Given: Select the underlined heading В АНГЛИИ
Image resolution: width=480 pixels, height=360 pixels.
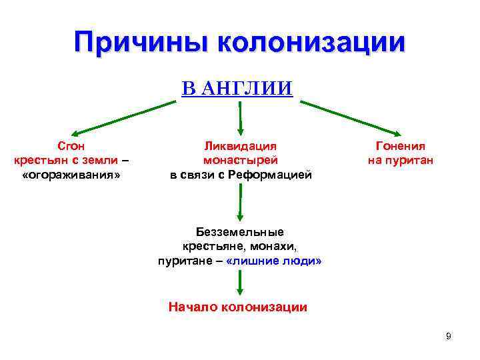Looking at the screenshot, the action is click(x=237, y=89).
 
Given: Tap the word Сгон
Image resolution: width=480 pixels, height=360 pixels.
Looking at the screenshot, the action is click(x=71, y=146).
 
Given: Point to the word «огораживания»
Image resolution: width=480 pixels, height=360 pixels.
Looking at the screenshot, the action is click(x=71, y=175).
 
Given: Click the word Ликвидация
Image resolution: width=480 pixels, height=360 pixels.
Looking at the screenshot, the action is click(x=240, y=146).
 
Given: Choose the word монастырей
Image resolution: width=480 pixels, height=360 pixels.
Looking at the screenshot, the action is click(x=240, y=160).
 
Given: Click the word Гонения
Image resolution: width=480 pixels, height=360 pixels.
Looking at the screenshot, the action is click(x=401, y=146).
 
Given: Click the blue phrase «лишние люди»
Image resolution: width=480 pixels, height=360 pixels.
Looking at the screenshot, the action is click(x=274, y=261).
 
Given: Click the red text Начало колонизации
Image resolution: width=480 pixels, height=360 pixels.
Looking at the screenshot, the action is click(x=237, y=307).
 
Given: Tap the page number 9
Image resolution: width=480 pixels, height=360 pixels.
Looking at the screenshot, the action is click(x=449, y=336).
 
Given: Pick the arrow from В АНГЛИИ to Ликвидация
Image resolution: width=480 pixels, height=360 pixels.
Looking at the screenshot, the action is click(x=240, y=119).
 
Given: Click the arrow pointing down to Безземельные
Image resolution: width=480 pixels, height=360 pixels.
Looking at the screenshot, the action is click(x=240, y=203).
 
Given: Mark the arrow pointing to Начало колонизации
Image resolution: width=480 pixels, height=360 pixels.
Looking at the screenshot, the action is click(x=240, y=283).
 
